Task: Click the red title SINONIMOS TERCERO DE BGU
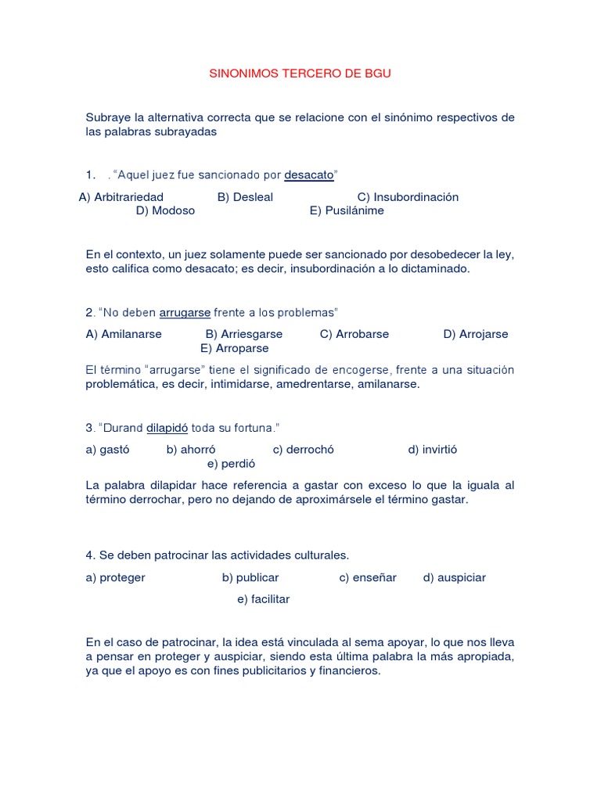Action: click(x=300, y=74)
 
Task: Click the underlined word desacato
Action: click(x=308, y=175)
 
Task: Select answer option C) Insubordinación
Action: click(x=408, y=197)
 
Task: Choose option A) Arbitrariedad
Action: click(x=121, y=197)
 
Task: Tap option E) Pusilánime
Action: click(x=347, y=210)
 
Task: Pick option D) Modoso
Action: click(x=165, y=210)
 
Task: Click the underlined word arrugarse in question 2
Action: click(x=185, y=313)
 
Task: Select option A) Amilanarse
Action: click(x=124, y=334)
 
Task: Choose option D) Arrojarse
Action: click(x=475, y=334)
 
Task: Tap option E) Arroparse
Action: click(x=234, y=348)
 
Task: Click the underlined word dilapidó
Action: click(x=167, y=428)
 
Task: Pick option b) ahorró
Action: click(x=191, y=450)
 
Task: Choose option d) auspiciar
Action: click(x=455, y=578)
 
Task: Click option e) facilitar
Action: click(x=263, y=599)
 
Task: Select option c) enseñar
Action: click(x=368, y=578)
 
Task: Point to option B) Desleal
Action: click(x=245, y=197)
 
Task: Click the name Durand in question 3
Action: click(x=122, y=428)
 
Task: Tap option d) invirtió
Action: click(x=433, y=450)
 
